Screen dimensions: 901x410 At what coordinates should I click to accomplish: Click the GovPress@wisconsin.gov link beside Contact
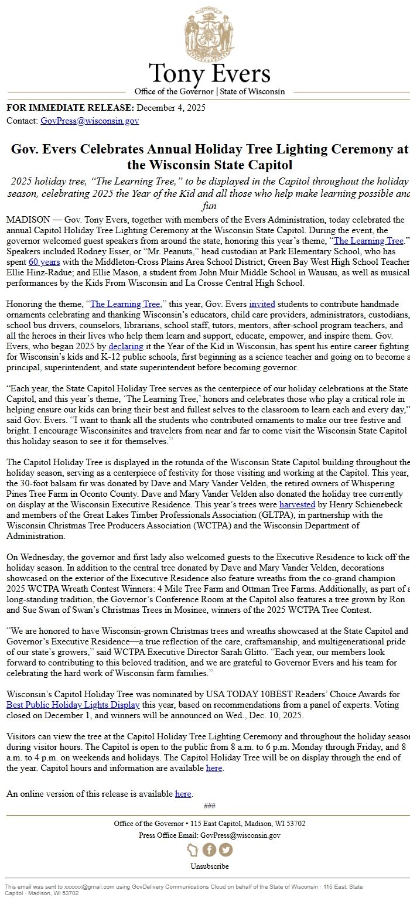pos(90,121)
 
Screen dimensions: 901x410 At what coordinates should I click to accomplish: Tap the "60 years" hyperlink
pos(41,262)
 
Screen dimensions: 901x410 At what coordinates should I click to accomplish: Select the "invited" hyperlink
pos(262,305)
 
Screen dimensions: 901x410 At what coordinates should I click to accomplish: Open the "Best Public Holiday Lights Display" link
pos(73,705)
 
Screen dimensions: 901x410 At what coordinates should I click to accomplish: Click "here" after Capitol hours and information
pos(214,768)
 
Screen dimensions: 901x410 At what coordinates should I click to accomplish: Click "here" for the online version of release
pos(183,794)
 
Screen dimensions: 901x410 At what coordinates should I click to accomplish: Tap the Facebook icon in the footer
pos(209,850)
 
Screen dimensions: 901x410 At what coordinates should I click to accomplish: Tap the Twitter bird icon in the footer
pos(225,850)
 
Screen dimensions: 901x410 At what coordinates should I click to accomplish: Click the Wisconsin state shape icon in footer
pos(193,850)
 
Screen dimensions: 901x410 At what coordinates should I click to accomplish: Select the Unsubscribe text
pos(209,866)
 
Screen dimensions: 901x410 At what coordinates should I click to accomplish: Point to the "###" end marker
pos(209,806)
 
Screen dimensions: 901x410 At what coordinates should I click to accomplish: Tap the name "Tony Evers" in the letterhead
pos(209,74)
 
